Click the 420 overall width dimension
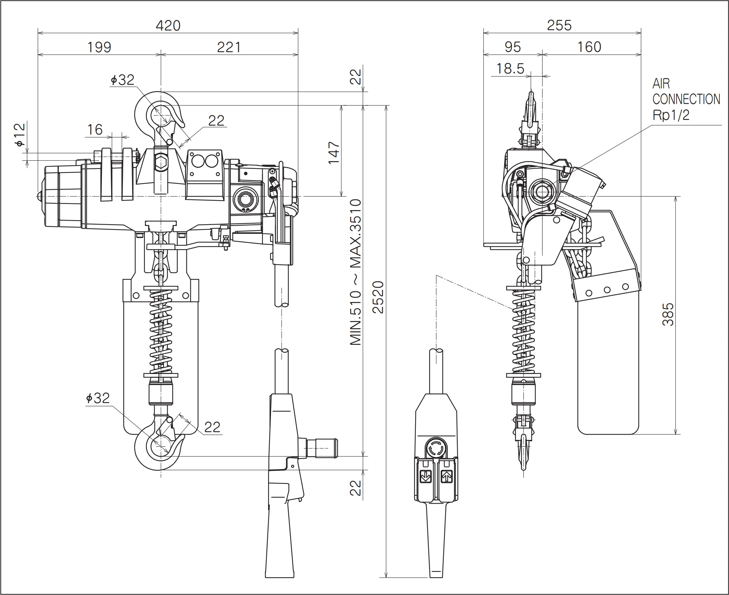[168, 26]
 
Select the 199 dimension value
[99, 47]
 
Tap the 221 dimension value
[229, 47]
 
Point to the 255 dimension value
[559, 26]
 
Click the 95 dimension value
[512, 47]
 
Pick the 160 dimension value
[589, 47]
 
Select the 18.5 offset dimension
[510, 68]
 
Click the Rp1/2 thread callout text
[671, 115]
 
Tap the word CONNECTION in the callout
[686, 99]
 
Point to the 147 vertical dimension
[334, 153]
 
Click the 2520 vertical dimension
[379, 297]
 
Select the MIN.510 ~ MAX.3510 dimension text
[355, 272]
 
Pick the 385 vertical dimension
[668, 314]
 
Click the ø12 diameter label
[20, 134]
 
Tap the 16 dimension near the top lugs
[95, 130]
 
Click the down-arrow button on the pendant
[425, 477]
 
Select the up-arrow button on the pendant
[446, 477]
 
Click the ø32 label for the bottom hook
[98, 398]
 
